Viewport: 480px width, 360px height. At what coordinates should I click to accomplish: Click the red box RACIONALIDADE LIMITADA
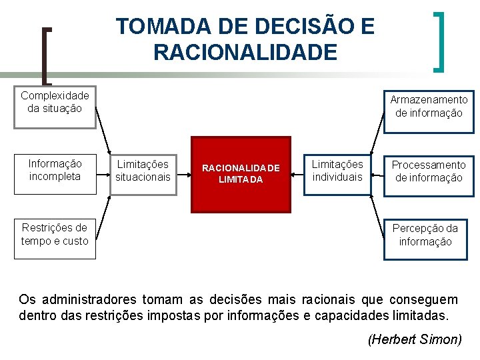241,174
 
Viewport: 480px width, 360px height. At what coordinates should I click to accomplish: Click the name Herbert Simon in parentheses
415,339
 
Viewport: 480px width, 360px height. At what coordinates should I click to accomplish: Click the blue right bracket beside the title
439,41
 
